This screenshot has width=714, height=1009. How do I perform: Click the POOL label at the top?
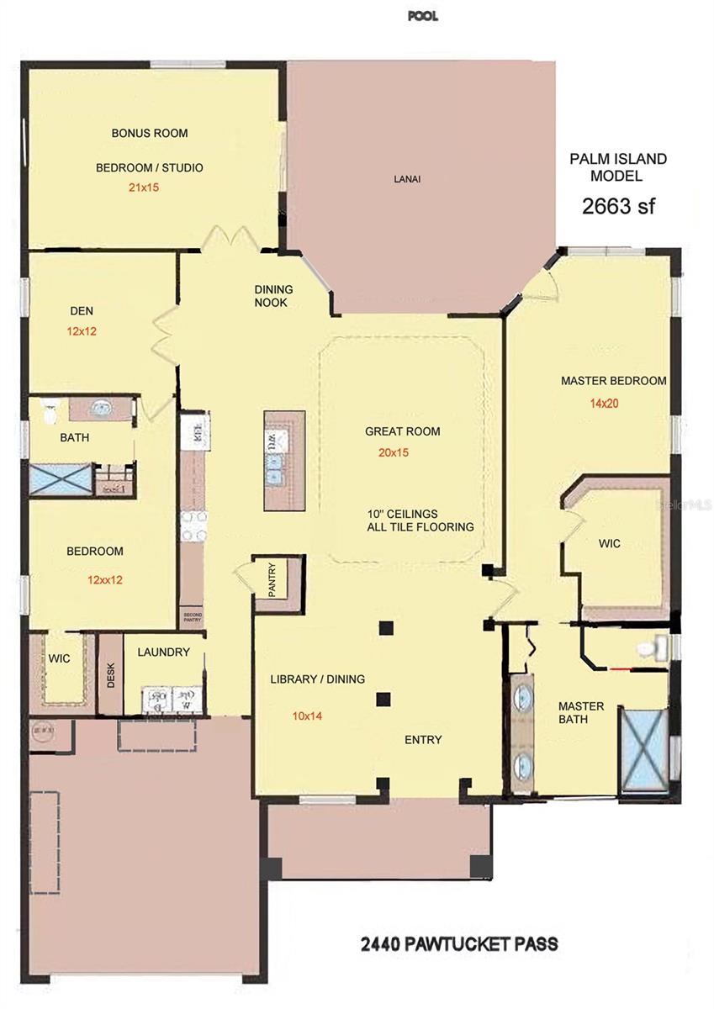[422, 17]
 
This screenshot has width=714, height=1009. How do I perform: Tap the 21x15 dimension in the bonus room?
[144, 188]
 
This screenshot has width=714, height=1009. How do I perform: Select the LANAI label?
[407, 179]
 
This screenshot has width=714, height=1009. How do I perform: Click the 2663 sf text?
[618, 206]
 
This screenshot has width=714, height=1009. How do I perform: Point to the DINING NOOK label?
[273, 296]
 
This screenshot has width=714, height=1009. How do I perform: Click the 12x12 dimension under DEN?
[82, 331]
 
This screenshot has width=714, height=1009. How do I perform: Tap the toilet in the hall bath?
[49, 410]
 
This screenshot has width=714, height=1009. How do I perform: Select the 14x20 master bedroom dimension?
[604, 404]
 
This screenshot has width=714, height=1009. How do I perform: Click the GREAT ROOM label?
[402, 431]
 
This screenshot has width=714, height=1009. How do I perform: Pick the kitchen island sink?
[275, 468]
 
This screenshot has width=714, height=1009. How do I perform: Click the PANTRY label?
[272, 579]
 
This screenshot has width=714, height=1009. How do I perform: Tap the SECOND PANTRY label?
[193, 617]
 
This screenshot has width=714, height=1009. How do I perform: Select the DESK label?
[111, 674]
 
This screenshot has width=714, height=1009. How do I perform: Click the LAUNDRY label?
[163, 652]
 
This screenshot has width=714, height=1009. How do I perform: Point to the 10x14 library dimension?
[307, 716]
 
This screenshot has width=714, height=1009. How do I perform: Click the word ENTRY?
[423, 740]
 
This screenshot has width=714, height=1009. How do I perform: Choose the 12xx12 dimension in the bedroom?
[105, 579]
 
